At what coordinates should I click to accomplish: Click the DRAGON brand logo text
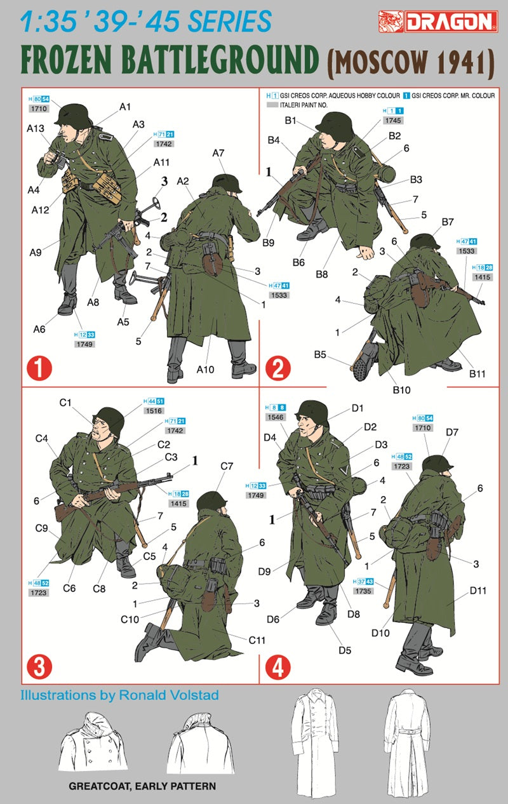pyautogui.click(x=451, y=22)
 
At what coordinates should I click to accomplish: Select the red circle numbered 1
pyautogui.click(x=39, y=368)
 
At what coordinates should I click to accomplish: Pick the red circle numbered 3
pyautogui.click(x=39, y=667)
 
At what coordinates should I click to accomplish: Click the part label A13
pyautogui.click(x=36, y=128)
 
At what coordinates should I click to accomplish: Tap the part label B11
pyautogui.click(x=477, y=373)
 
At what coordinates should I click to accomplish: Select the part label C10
pyautogui.click(x=130, y=619)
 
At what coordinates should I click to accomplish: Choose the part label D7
pyautogui.click(x=452, y=432)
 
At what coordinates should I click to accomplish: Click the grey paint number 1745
pyautogui.click(x=393, y=121)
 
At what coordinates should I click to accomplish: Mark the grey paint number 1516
pyautogui.click(x=154, y=411)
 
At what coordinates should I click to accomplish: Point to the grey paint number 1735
pyautogui.click(x=363, y=591)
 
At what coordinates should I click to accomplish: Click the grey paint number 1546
pyautogui.click(x=276, y=417)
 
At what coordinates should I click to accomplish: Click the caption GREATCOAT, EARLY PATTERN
pyautogui.click(x=142, y=786)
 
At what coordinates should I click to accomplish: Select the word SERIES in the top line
pyautogui.click(x=229, y=21)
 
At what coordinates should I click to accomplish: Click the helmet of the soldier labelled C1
pyautogui.click(x=109, y=420)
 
